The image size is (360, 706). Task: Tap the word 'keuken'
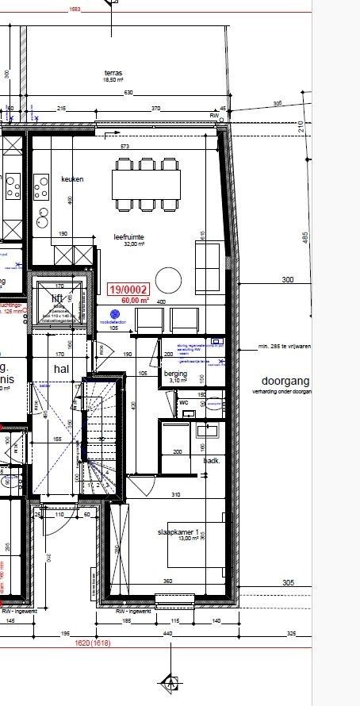pyautogui.click(x=72, y=179)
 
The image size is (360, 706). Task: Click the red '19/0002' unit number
pyautogui.click(x=129, y=290)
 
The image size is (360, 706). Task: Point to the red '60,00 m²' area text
pyautogui.click(x=135, y=301)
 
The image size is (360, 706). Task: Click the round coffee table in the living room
pyautogui.click(x=169, y=279)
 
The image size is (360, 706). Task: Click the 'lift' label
pyautogui.click(x=57, y=297)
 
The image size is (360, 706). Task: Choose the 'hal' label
pyautogui.click(x=62, y=369)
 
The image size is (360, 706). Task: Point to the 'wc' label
pyautogui.click(x=182, y=402)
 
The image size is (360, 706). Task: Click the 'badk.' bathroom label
pyautogui.click(x=212, y=460)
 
